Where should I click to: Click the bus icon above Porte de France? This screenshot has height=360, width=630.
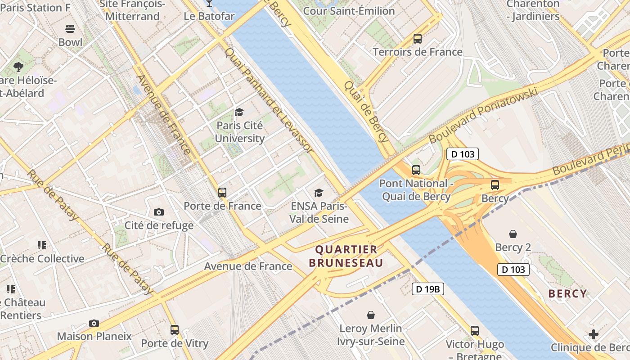222,193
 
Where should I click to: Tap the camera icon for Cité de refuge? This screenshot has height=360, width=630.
158,212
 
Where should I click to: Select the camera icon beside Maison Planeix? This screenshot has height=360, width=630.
94,323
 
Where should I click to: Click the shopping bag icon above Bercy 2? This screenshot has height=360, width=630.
513,234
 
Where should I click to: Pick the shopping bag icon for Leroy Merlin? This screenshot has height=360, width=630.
371,315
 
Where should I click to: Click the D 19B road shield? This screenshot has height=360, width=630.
427,289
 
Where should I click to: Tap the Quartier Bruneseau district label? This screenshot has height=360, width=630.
346,256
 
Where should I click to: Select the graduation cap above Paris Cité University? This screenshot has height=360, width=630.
239,112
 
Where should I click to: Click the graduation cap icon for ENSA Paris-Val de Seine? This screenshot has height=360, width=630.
319,193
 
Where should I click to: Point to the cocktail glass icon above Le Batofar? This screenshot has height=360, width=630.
209,3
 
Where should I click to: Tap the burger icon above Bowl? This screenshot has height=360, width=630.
70,29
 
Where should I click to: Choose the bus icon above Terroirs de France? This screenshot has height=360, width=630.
418,39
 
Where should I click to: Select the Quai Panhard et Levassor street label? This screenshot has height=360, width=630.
269,100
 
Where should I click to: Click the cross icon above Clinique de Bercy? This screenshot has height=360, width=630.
594,334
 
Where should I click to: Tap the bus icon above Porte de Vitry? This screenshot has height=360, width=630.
175,330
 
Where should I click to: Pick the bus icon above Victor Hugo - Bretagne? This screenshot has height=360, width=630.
475,331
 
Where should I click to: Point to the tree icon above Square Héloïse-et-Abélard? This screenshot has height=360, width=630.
18,67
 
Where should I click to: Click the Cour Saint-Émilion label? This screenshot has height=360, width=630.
349,11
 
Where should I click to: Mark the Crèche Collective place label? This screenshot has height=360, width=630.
42,259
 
